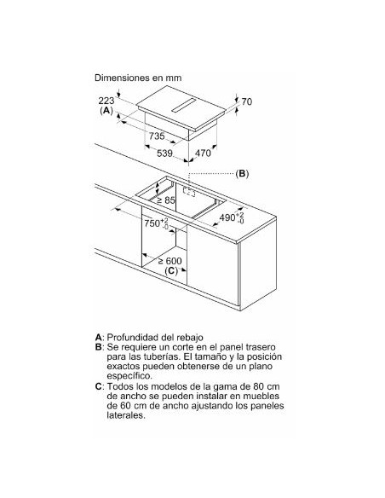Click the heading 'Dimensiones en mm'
138,78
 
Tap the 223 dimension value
106,101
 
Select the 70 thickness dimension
247,101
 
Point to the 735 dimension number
157,136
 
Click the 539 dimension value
165,153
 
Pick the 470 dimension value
203,153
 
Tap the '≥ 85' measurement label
166,200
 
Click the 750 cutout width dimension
157,223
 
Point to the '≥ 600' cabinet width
170,261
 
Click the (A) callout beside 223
106,111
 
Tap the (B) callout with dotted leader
242,174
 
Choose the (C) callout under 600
171,271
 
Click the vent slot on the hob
184,105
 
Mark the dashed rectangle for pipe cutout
189,192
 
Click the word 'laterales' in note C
124,415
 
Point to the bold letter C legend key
98,386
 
